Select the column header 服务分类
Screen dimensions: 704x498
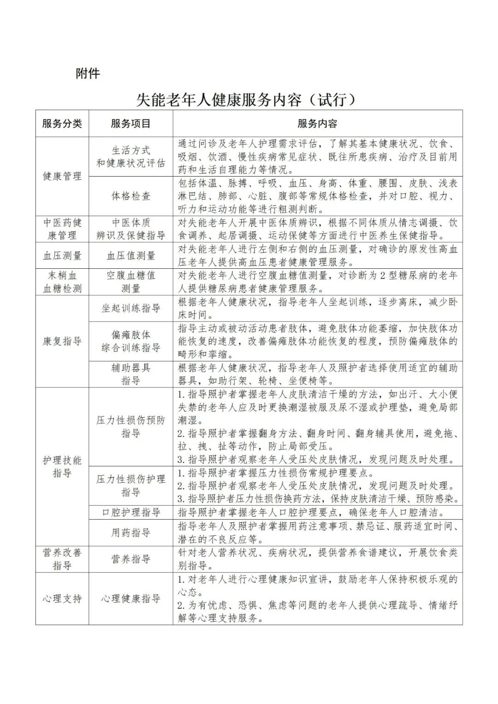coord(62,124)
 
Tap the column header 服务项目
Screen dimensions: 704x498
coord(130,124)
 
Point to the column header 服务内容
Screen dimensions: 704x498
coord(317,124)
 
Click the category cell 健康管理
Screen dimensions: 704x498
coord(62,176)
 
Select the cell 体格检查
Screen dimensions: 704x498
coord(130,196)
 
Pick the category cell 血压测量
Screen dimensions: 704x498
coord(62,255)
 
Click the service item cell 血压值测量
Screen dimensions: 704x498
coord(130,255)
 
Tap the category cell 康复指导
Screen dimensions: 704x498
coord(62,341)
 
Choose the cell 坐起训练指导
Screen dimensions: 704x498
coord(130,308)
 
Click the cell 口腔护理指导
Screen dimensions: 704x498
coord(130,512)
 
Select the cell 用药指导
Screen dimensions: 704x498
coord(130,532)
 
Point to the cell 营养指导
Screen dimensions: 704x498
coord(130,559)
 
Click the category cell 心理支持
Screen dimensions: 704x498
coord(62,598)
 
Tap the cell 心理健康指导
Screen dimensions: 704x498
coord(130,598)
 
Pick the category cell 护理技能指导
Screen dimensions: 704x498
coord(62,467)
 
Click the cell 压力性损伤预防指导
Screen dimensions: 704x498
coord(130,426)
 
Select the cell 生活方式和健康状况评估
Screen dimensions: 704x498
coord(130,157)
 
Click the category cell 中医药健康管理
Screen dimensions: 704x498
coord(62,229)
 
